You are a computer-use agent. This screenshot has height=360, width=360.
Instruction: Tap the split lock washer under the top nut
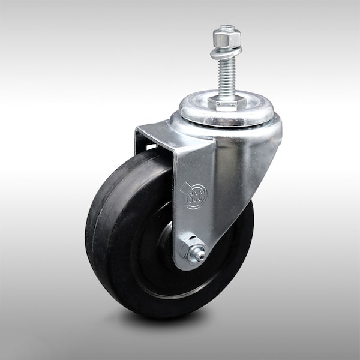pyautogui.click(x=226, y=52)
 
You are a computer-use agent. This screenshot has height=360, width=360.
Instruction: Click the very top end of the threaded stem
pyautogui.click(x=226, y=28)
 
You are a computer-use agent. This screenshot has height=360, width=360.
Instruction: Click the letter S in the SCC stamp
pyautogui.click(x=190, y=196)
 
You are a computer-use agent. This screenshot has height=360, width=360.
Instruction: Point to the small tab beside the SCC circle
pyautogui.click(x=183, y=188)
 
